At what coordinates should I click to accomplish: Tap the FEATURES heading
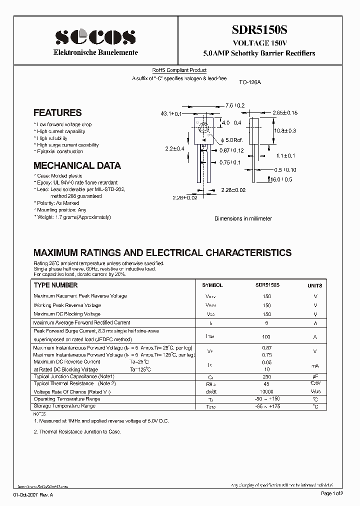point(57,113)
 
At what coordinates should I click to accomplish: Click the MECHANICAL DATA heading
point(77,165)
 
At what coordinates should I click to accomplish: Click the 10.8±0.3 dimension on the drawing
point(285,130)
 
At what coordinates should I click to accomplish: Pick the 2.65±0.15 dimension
point(285,113)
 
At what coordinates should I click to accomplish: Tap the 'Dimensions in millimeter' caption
point(243,218)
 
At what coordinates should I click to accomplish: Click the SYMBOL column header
point(212,285)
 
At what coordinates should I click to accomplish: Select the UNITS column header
point(314,285)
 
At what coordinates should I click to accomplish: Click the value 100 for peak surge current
point(266,337)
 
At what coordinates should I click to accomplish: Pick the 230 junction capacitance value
point(266,376)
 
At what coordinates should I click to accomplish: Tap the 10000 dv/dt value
point(266,391)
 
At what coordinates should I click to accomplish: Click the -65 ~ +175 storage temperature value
point(266,406)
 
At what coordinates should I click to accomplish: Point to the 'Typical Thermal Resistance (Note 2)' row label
point(74,383)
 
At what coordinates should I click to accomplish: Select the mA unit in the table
point(315,365)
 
